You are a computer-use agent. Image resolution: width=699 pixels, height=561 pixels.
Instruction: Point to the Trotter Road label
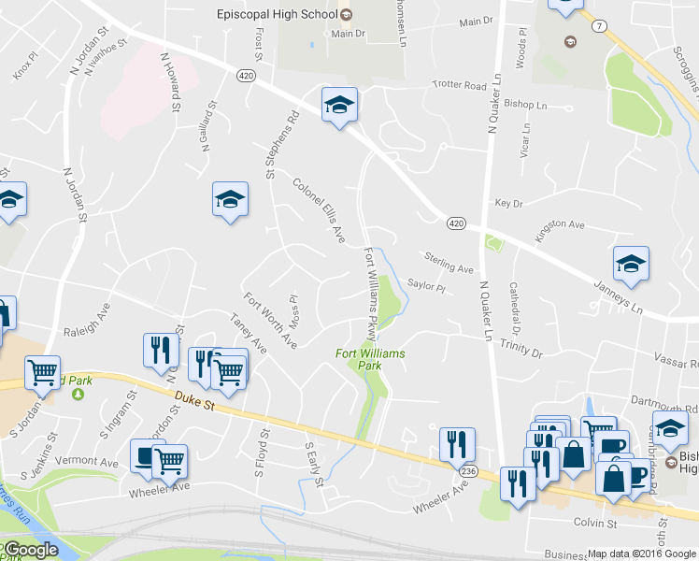[x=459, y=85]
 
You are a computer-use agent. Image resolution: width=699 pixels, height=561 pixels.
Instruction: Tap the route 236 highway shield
[x=469, y=472]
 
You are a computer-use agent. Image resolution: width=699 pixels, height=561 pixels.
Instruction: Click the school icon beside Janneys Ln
[x=631, y=265]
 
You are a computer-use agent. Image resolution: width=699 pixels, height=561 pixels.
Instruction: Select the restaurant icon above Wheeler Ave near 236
[x=457, y=443]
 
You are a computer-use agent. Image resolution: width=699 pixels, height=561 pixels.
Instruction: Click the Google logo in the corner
[x=31, y=550]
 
